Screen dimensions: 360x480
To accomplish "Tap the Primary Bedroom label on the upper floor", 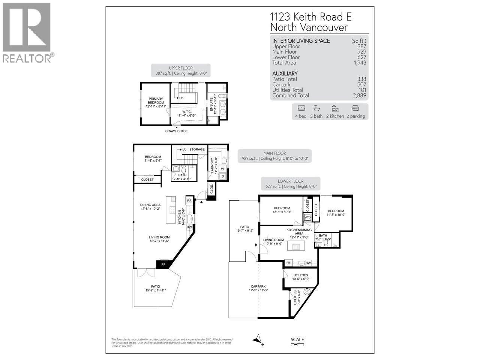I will coord(156,101).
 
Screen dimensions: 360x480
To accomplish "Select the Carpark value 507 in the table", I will coord(361,84).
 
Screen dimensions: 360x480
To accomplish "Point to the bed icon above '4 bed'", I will coord(301,108).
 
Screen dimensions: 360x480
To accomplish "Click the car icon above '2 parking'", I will coord(355,108).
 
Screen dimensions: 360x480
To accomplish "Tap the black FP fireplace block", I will coord(163,265).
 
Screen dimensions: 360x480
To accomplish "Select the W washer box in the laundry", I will coord(222,169).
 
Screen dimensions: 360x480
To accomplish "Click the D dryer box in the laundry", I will coord(222,176).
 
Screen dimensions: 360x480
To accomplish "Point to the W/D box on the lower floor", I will coord(307,217).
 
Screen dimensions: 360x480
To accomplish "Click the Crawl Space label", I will coord(176,131).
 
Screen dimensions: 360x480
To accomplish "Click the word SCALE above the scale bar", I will coord(297,340).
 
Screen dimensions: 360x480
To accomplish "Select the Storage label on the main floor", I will coord(197,150).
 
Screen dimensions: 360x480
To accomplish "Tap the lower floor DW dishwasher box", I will coord(308,263).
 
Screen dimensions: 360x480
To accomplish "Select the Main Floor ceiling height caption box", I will coord(274,156).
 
